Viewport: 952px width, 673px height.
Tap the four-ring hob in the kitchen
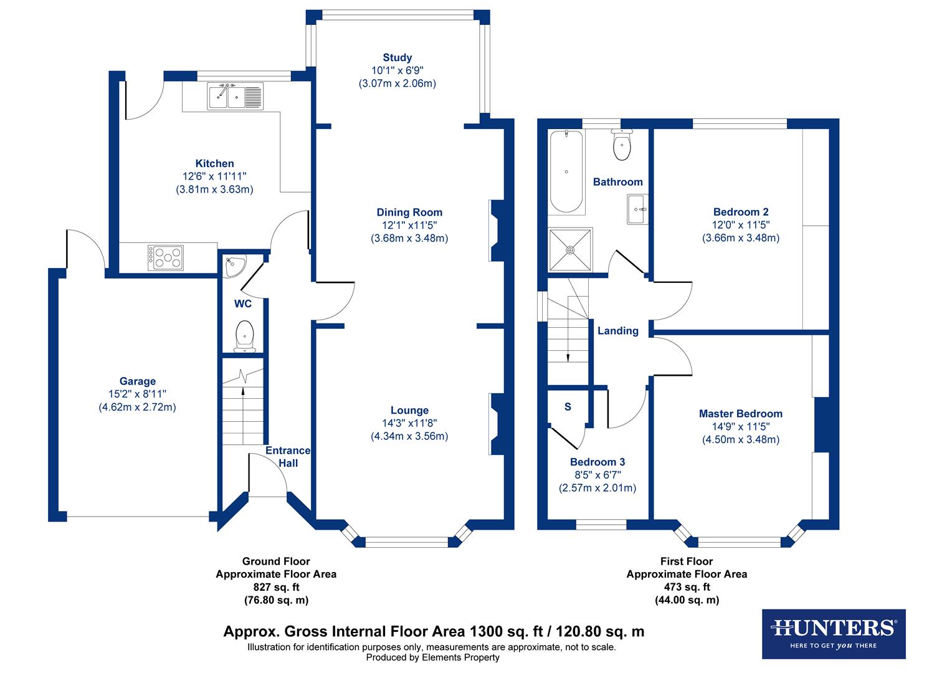(166, 257)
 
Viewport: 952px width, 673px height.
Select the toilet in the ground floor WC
(244, 334)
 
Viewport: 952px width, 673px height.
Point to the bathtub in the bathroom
(566, 172)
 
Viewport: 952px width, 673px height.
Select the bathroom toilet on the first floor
(622, 145)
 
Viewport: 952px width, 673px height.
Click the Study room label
(397, 57)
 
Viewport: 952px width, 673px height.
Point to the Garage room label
(138, 381)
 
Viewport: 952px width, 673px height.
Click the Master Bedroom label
(740, 414)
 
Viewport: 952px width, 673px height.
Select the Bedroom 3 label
(597, 462)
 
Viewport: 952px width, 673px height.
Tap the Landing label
(618, 331)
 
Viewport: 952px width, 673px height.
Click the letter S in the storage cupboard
(568, 407)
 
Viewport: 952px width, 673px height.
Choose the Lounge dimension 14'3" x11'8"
(409, 423)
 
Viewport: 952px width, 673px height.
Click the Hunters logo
(834, 632)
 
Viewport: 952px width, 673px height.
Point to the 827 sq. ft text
(276, 587)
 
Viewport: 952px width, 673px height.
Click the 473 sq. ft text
(687, 587)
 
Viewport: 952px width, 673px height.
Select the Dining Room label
(409, 212)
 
